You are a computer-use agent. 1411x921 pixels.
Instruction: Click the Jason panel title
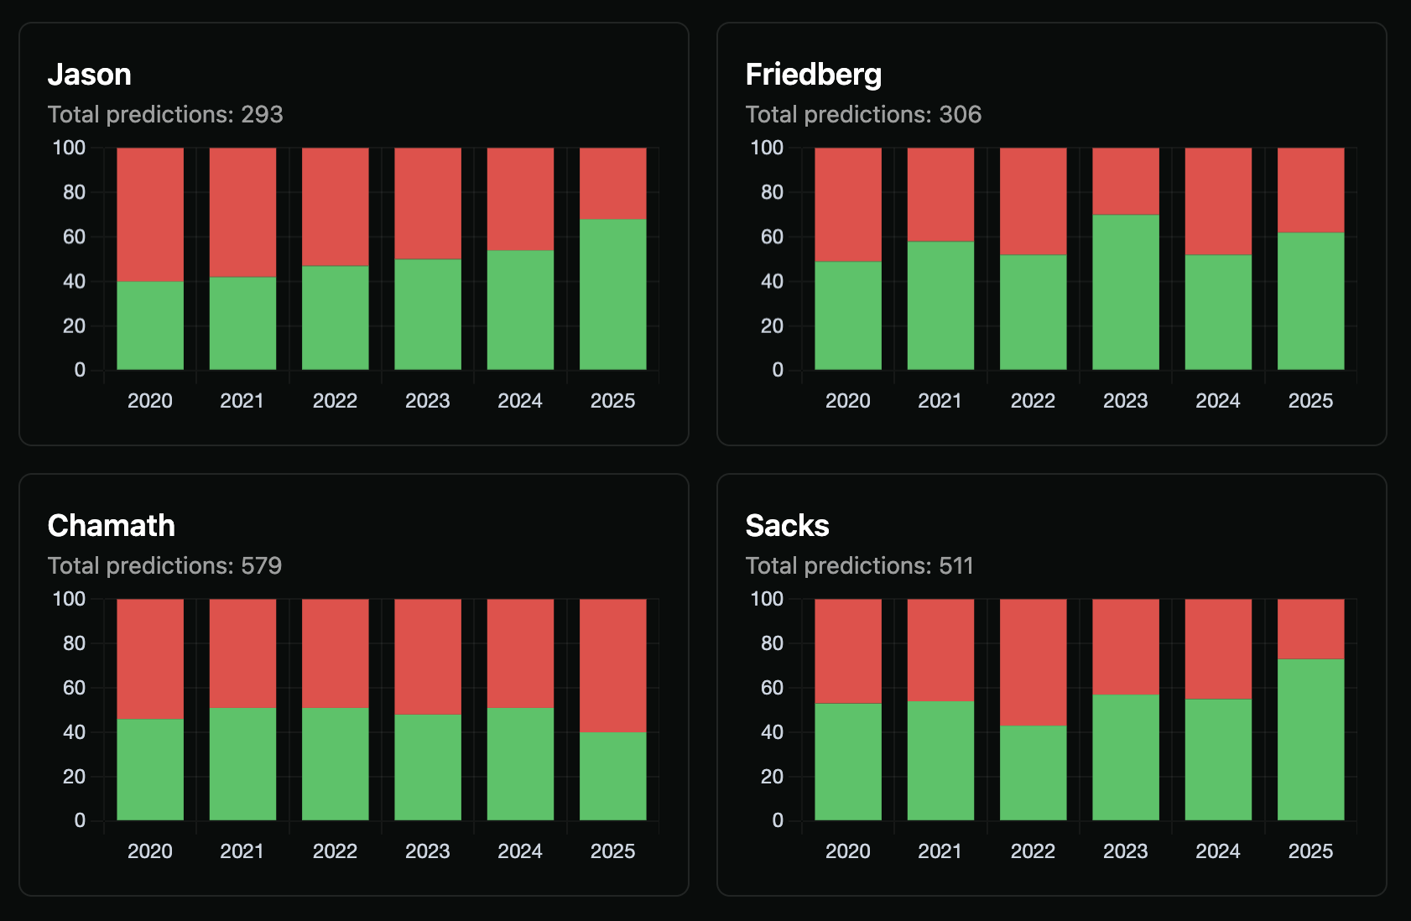click(x=89, y=75)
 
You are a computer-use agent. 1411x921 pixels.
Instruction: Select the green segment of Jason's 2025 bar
click(x=612, y=294)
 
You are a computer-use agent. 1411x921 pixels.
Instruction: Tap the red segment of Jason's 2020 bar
click(x=150, y=214)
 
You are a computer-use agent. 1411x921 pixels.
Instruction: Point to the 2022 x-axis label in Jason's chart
click(x=335, y=401)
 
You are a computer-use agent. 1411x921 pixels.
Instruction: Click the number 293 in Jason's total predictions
click(x=262, y=114)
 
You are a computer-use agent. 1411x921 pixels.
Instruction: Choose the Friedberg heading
click(x=813, y=75)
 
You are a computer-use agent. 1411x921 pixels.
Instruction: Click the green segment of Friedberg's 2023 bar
click(x=1125, y=292)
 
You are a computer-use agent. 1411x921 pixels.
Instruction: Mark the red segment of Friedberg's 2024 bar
click(x=1217, y=201)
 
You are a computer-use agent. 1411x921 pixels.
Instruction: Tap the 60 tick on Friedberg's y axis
click(x=772, y=237)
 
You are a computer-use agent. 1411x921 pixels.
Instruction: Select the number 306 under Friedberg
click(x=960, y=114)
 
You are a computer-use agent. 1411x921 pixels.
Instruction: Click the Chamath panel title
click(x=111, y=526)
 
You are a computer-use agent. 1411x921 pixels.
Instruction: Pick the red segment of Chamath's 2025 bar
click(x=612, y=665)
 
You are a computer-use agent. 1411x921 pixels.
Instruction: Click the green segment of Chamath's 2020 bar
click(x=150, y=769)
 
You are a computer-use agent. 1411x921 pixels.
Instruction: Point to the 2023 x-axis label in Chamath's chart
click(x=427, y=851)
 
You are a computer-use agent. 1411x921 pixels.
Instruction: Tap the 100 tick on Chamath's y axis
click(x=69, y=599)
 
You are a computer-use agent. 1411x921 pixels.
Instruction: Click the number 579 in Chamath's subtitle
click(x=261, y=565)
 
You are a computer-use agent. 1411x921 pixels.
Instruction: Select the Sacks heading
click(x=787, y=526)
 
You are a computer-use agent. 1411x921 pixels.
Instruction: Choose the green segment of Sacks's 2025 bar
click(x=1310, y=739)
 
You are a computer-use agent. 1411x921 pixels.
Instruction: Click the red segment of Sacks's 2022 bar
click(x=1033, y=662)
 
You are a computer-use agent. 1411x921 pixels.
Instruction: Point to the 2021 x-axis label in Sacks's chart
click(x=940, y=851)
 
